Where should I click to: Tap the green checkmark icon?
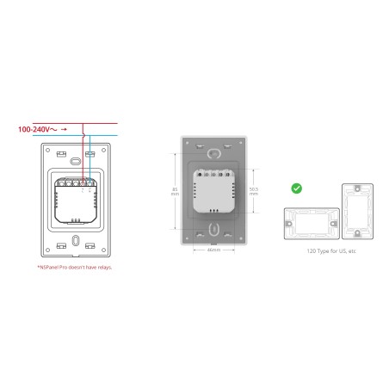(x=297, y=187)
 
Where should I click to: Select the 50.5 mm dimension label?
(x=253, y=192)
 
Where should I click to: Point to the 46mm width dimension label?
(x=213, y=250)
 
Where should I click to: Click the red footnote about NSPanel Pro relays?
(x=75, y=267)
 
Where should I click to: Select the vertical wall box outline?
(x=354, y=210)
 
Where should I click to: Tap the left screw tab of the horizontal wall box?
(x=287, y=226)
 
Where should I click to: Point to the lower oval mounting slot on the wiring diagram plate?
(x=75, y=240)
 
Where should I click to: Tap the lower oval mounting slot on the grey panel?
(x=213, y=231)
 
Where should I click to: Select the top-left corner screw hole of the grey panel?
(x=187, y=142)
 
